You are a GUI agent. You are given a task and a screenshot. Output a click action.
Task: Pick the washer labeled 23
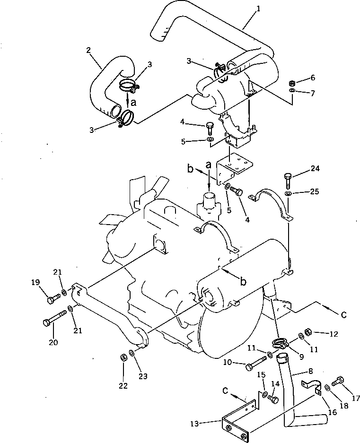[x=133, y=354]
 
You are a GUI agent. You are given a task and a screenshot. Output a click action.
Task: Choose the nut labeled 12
[x=307, y=331]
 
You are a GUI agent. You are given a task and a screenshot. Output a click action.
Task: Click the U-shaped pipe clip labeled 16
[x=310, y=385]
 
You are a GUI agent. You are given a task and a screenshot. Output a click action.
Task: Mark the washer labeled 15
[x=264, y=394]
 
